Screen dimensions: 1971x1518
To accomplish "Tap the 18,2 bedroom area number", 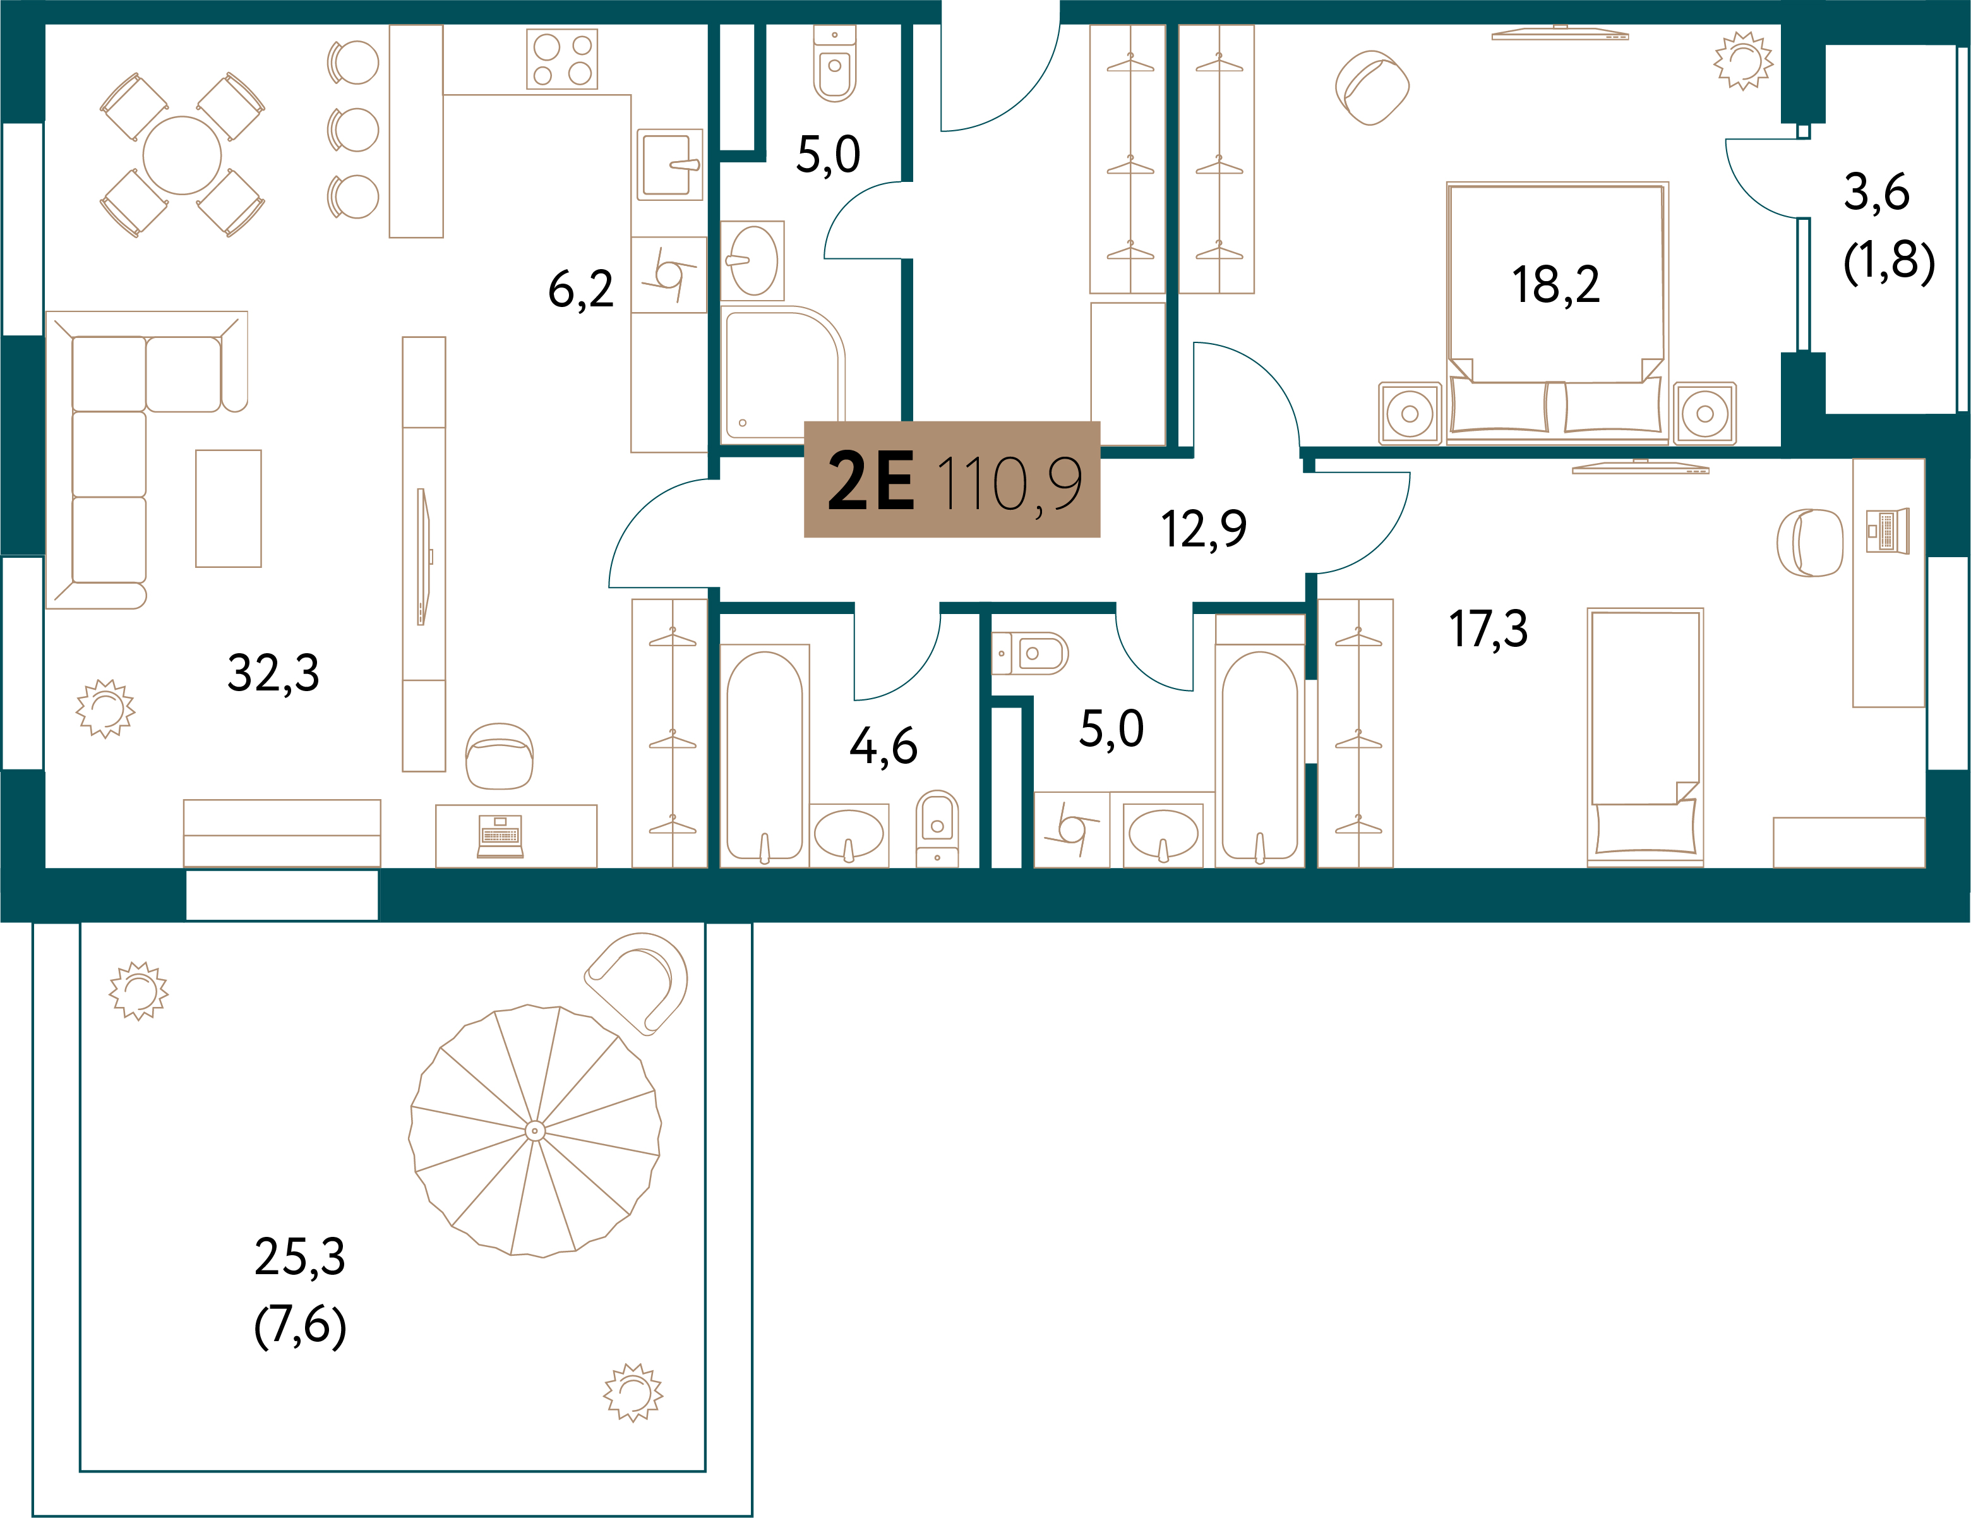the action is point(1556,284).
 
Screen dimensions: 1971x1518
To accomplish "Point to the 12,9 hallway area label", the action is point(1204,528).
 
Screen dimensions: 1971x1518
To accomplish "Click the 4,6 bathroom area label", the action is point(884,746).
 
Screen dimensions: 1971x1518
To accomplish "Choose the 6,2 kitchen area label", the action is point(581,289).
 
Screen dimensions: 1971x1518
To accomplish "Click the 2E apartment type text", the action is point(871,481).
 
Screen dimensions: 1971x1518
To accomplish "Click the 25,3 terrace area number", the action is point(299,1256).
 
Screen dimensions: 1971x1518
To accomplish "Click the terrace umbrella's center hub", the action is point(534,1130).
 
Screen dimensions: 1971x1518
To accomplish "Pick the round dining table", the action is point(183,155).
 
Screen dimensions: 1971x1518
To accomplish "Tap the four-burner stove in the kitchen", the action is point(561,59).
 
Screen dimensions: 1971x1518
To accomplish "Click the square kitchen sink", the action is point(669,165).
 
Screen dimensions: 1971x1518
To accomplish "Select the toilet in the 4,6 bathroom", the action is point(937,829).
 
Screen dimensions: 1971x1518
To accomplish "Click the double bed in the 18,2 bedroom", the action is point(1557,312).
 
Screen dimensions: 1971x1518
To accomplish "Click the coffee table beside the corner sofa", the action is point(229,508).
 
